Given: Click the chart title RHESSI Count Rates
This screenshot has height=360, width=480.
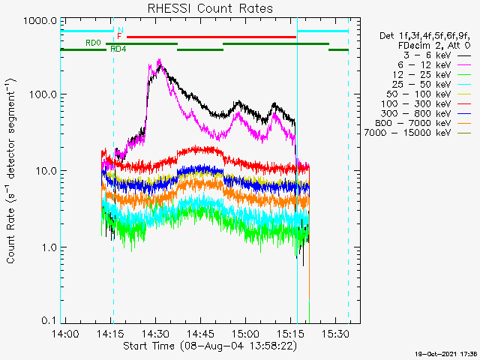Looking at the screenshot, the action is tap(210, 8).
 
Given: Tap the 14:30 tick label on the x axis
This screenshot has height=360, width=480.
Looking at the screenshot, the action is tap(156, 333).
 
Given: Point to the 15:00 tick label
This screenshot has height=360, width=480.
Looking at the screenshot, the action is tap(245, 333).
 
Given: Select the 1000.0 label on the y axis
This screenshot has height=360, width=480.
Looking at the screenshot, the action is tap(40, 21).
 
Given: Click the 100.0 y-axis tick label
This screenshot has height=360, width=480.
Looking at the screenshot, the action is tap(43, 94).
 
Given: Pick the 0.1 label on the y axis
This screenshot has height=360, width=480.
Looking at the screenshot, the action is tap(49, 320).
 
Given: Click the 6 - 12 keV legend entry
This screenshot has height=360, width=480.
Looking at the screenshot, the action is tap(434, 65).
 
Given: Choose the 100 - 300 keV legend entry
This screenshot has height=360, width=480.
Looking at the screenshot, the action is tap(425, 104).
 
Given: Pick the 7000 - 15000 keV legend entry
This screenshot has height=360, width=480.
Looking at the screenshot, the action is tap(418, 133).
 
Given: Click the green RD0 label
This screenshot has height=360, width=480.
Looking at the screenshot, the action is tap(93, 43).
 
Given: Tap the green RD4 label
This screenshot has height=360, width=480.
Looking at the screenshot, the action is tap(118, 49).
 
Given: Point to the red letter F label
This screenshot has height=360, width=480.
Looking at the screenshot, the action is tap(119, 37).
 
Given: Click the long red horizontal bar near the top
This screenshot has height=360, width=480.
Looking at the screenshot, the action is tap(211, 37).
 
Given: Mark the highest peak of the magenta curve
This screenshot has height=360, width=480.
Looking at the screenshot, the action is tap(159, 59).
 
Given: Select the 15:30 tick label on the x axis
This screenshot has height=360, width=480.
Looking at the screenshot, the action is tap(335, 333).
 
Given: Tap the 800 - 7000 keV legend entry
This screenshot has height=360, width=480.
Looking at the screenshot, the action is tap(423, 123).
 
